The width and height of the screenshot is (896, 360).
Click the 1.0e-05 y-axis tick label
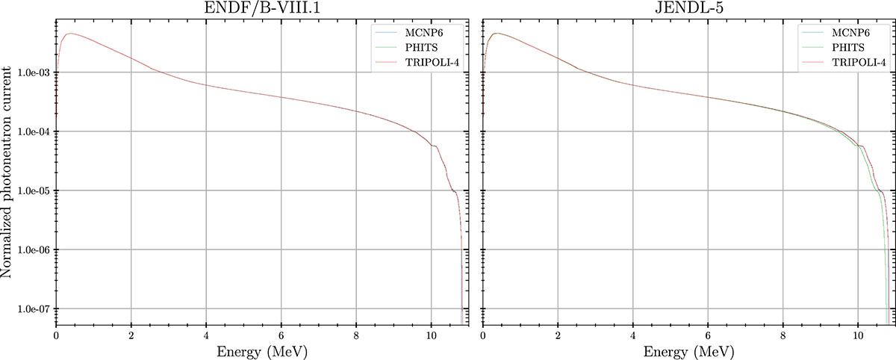point(33,191)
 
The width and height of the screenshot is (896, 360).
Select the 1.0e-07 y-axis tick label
point(33,309)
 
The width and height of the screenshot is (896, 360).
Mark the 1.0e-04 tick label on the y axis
point(33,132)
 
